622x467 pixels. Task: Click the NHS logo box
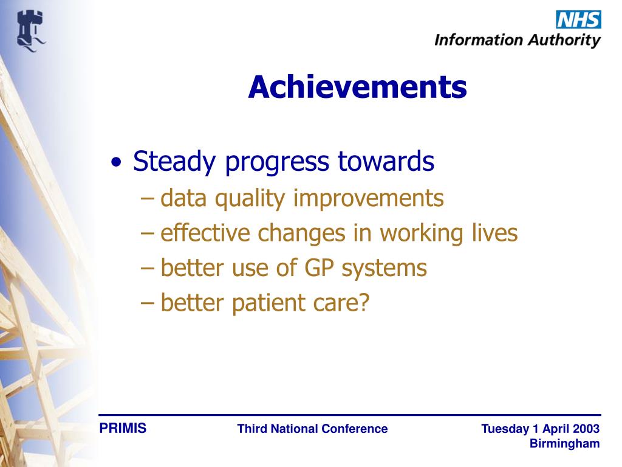click(578, 19)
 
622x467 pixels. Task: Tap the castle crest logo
click(31, 31)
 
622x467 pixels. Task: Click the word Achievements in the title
click(357, 87)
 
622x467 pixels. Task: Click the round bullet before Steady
click(116, 162)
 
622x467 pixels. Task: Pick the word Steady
click(174, 162)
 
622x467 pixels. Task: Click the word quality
click(250, 199)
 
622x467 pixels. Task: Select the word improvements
click(368, 199)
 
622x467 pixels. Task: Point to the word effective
click(205, 232)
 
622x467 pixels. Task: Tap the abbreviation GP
click(319, 268)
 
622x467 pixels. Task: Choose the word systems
click(384, 269)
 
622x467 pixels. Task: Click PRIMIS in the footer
click(123, 428)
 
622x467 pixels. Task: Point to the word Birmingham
click(564, 444)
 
